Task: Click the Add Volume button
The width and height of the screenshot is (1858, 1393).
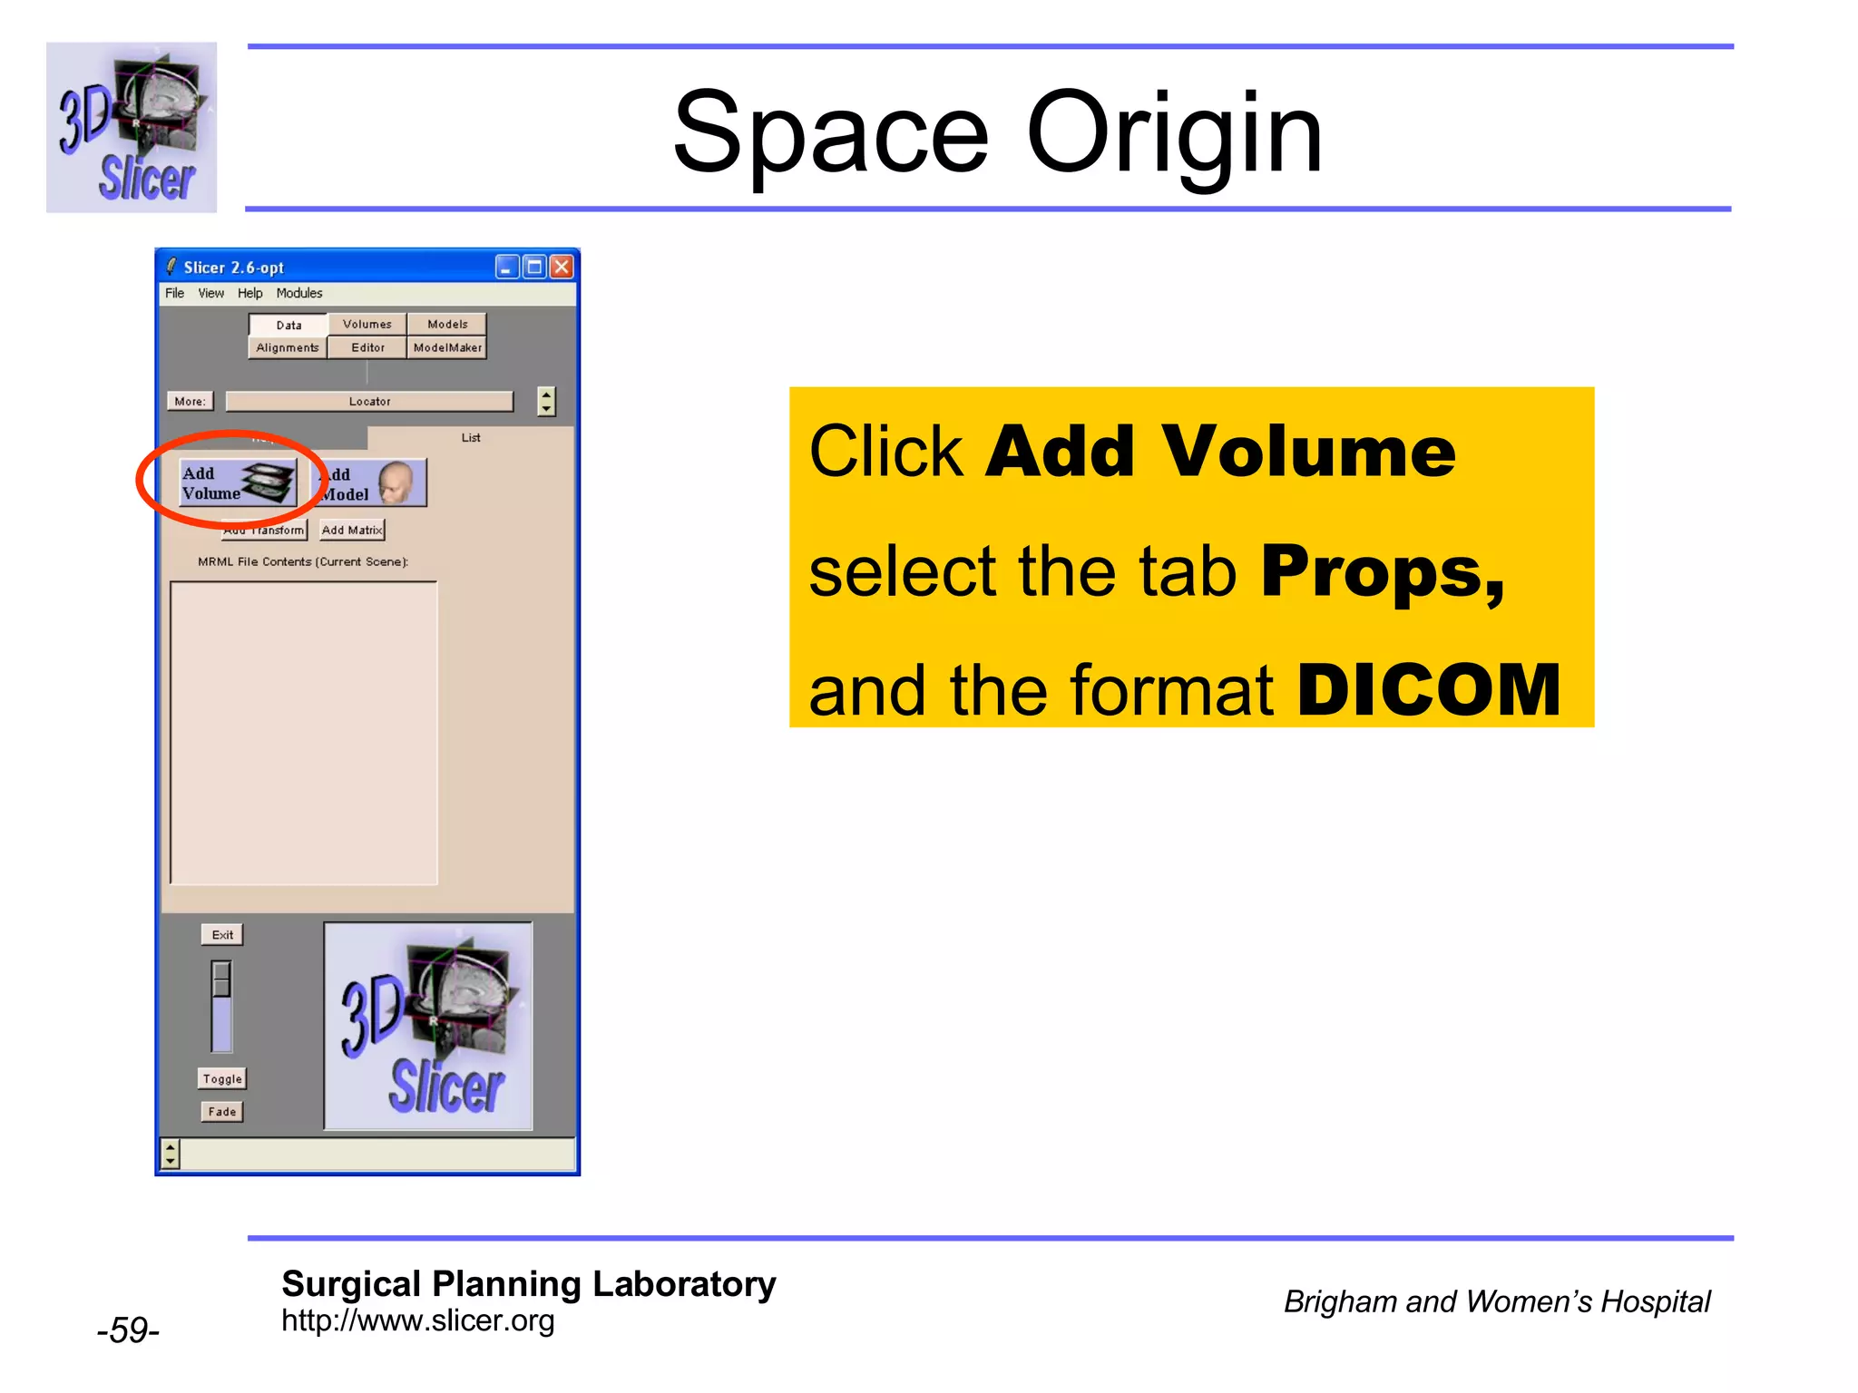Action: point(238,482)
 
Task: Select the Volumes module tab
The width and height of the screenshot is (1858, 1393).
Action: point(367,325)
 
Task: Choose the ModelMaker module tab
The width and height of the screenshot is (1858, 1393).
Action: point(447,348)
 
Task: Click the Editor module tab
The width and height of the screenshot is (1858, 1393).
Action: point(367,348)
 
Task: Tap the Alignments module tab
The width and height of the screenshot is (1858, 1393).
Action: point(288,348)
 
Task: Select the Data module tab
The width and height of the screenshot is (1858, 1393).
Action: point(288,326)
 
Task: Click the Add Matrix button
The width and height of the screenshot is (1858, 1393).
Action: point(352,531)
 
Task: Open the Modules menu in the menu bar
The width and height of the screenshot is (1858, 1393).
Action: point(299,294)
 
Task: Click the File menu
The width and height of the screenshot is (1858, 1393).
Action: point(174,294)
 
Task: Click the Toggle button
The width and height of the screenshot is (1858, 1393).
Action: point(222,1079)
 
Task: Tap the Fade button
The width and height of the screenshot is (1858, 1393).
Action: point(222,1112)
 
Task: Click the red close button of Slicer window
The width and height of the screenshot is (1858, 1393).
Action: point(562,268)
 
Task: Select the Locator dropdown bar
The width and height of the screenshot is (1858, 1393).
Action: point(369,402)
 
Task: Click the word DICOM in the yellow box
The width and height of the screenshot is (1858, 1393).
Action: point(1429,691)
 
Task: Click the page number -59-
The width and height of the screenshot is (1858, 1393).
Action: point(128,1330)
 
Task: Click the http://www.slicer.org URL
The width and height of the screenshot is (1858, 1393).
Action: point(417,1321)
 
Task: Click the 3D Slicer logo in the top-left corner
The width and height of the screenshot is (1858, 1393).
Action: point(132,128)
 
